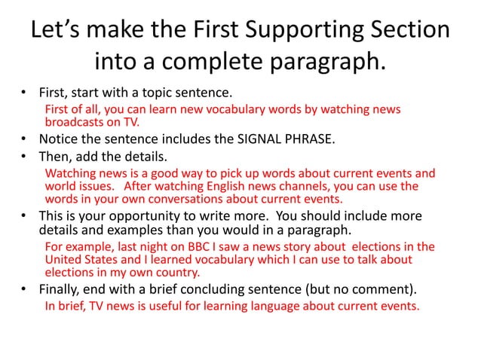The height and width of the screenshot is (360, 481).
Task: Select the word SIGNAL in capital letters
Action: coord(245,139)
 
